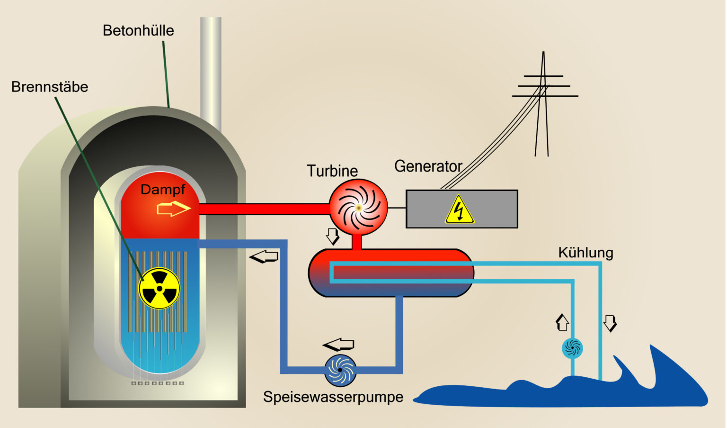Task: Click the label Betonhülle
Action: (x=138, y=31)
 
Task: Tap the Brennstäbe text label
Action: (x=50, y=87)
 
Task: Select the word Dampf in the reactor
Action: (x=162, y=190)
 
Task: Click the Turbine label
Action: (x=332, y=171)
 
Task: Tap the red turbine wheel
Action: (x=358, y=208)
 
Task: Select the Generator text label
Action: (x=428, y=166)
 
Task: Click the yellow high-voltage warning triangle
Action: (x=459, y=210)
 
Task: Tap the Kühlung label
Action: (x=585, y=253)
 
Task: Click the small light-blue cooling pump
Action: (x=572, y=348)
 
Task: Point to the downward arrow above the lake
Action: (x=610, y=323)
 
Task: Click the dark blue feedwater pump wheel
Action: (x=340, y=370)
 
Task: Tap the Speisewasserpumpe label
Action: (x=333, y=397)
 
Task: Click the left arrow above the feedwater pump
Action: (x=338, y=344)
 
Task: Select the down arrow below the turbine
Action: (x=333, y=236)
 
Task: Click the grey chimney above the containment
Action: (x=211, y=71)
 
